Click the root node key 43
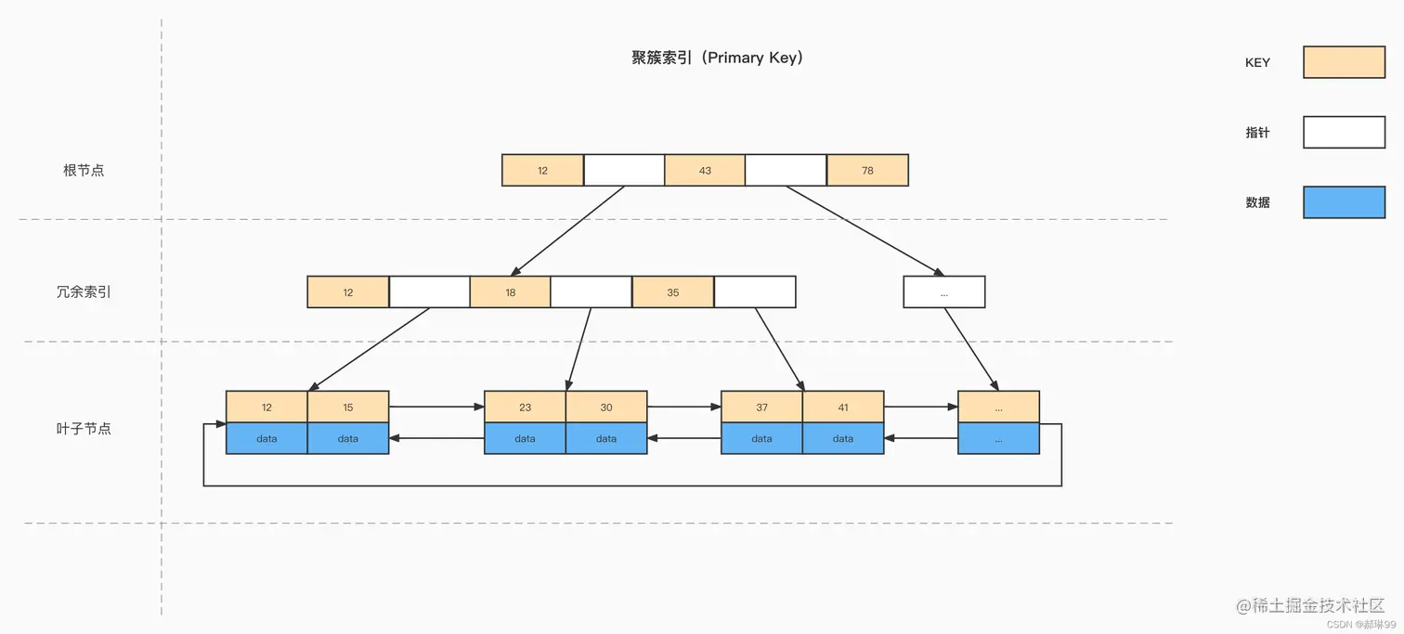[x=705, y=171]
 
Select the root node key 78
[x=867, y=171]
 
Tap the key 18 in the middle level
[x=510, y=292]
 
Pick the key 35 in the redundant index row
[x=672, y=292]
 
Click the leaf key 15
[x=348, y=408]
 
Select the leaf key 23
[x=525, y=408]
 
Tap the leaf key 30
[x=606, y=408]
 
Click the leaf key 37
[x=761, y=408]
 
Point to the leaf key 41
[x=843, y=408]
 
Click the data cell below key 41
[x=843, y=439]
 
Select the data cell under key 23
[x=525, y=439]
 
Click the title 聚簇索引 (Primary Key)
[x=717, y=58]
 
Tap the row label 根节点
[x=84, y=171]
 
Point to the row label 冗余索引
[x=84, y=292]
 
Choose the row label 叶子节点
[x=84, y=429]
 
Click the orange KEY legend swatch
[x=1344, y=62]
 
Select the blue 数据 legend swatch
[x=1344, y=202]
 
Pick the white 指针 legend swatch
[x=1344, y=133]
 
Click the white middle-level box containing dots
[x=943, y=292]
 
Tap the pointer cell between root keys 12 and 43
[x=624, y=171]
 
